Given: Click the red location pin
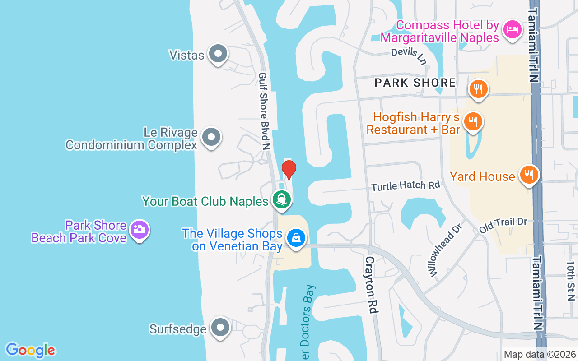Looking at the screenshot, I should tap(289, 170).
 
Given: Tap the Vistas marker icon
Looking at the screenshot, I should tap(219, 54).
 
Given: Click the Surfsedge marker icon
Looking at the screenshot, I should tap(220, 328).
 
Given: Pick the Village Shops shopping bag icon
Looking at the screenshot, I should tap(296, 238).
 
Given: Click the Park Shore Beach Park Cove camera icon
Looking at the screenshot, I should tap(140, 230).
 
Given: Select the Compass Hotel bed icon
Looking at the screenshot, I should tap(512, 29).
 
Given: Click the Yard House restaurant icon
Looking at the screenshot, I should tap(528, 174).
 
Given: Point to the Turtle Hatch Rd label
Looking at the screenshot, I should tap(406, 185).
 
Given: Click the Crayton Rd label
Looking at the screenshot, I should tap(371, 285).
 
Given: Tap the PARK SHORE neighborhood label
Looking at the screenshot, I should tap(415, 83).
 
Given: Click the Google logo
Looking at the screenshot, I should tap(30, 350).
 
